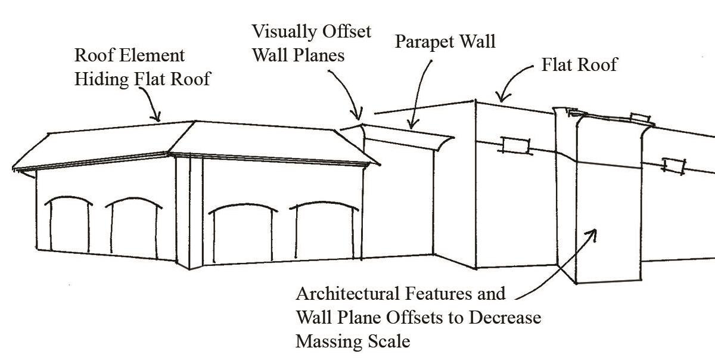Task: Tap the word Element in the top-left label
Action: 151,56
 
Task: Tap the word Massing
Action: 328,342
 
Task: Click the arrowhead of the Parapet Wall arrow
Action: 409,126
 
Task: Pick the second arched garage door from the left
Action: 135,231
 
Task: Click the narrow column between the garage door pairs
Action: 189,212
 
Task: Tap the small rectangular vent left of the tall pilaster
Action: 515,145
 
